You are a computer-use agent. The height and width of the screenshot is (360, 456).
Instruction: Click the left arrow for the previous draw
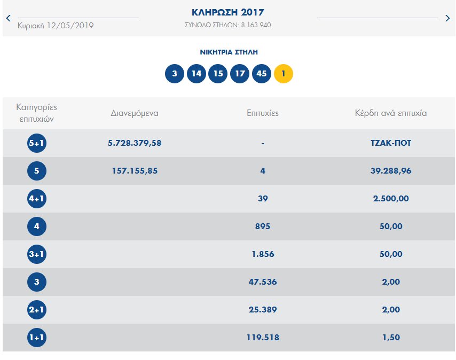[8, 18]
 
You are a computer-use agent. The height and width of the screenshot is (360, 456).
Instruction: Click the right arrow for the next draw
[447, 18]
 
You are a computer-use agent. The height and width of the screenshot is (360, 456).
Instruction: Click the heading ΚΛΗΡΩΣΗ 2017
[227, 12]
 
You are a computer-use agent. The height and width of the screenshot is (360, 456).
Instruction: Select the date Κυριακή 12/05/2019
[56, 25]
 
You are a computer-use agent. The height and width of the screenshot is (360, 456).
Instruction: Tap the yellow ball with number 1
[284, 74]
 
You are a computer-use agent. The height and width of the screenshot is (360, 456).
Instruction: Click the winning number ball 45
[261, 74]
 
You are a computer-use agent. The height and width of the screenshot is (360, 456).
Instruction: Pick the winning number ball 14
[196, 74]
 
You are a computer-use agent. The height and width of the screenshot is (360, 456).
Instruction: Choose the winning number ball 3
[175, 74]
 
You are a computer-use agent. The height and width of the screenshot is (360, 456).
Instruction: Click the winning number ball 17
[240, 74]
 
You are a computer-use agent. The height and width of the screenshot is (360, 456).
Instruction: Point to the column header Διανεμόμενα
[135, 113]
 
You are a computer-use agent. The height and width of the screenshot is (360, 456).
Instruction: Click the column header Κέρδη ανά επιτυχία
[391, 113]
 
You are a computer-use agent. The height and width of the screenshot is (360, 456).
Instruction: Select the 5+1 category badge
[37, 143]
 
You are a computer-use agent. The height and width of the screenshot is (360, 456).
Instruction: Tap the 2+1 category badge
[37, 310]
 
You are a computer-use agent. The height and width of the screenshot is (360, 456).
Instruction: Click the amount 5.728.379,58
[135, 143]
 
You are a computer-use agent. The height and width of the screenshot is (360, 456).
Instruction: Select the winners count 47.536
[263, 282]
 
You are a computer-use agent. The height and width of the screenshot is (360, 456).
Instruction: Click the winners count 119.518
[263, 338]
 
